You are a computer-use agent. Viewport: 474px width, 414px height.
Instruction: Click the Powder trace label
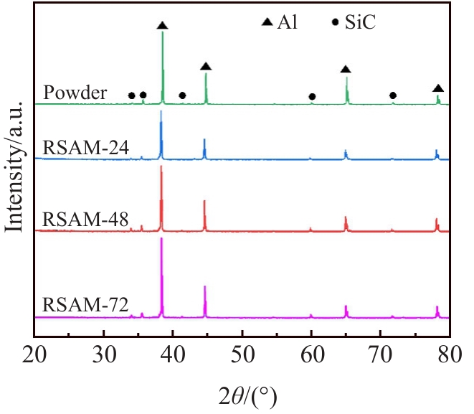click(x=75, y=93)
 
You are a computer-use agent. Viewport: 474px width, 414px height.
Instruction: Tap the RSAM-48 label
click(x=86, y=218)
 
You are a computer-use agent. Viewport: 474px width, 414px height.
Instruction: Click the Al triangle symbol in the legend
click(x=267, y=24)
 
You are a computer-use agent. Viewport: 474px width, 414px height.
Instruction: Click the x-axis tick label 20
click(x=34, y=354)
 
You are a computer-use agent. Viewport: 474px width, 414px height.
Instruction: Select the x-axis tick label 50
click(x=242, y=354)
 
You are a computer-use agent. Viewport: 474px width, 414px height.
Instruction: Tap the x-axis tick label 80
click(x=449, y=354)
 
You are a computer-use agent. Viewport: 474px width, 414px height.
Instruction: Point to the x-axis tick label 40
click(x=173, y=354)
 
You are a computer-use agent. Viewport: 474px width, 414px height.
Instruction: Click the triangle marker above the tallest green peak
click(x=163, y=26)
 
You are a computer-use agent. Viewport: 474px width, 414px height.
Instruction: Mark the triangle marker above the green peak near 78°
click(x=438, y=88)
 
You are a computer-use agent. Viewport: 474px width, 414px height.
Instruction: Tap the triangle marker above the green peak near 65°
click(x=346, y=70)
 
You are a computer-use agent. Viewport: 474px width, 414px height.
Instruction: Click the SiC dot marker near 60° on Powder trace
click(x=312, y=96)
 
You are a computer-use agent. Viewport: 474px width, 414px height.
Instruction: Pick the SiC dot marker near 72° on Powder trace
click(x=393, y=95)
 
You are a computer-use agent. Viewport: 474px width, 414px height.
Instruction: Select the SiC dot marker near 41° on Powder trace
click(x=182, y=95)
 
